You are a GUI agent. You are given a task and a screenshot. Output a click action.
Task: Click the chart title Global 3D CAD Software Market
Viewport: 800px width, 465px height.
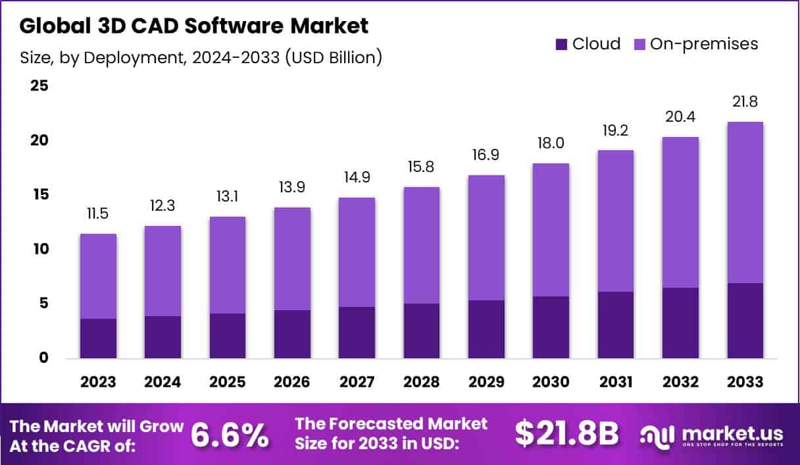[194, 26]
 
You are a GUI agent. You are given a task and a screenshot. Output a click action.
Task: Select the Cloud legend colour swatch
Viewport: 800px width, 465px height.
[561, 44]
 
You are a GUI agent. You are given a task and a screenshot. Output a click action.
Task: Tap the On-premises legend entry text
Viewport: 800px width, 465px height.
[704, 44]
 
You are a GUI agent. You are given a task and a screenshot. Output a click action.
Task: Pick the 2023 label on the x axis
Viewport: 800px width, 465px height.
[98, 382]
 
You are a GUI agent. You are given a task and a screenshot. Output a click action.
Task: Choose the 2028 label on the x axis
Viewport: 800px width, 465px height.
[421, 382]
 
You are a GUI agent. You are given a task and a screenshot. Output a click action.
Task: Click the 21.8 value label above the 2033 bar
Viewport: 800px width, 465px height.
[745, 102]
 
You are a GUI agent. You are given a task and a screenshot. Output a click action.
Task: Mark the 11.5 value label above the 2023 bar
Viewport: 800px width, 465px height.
[98, 214]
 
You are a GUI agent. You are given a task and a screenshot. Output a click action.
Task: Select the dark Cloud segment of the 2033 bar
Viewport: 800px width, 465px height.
[745, 321]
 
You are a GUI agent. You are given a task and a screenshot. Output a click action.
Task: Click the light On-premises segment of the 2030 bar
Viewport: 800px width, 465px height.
[551, 230]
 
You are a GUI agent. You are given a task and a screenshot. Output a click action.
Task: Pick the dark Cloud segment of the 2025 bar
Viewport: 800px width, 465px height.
[228, 336]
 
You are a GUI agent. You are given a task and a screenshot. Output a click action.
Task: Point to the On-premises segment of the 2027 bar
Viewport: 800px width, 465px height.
[357, 252]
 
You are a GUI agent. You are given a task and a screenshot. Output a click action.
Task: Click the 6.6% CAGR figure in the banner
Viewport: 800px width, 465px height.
[230, 435]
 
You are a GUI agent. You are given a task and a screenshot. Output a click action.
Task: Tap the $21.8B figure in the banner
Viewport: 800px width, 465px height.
[567, 433]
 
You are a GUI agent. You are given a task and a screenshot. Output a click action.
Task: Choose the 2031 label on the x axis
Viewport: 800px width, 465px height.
[615, 382]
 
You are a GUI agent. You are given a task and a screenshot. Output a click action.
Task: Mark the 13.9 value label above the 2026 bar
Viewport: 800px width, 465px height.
[292, 188]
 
